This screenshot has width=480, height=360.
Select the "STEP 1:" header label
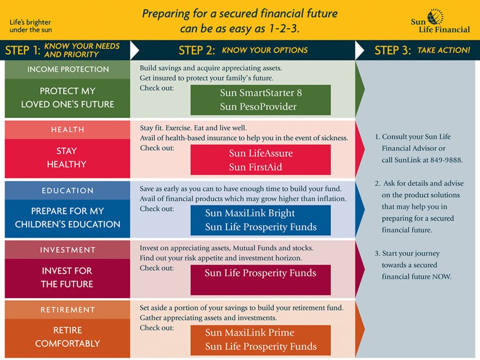[x=23, y=50]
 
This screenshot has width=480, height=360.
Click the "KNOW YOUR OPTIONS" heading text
[x=264, y=50]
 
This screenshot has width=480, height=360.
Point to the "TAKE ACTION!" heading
[x=443, y=50]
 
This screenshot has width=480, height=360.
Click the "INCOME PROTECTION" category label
[x=68, y=69]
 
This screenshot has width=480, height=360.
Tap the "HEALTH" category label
[x=68, y=130]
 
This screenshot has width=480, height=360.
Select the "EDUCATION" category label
[x=68, y=191]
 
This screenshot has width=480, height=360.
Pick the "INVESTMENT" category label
[x=68, y=250]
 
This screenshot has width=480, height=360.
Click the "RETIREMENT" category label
[x=68, y=310]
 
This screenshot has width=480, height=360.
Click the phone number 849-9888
[x=446, y=160]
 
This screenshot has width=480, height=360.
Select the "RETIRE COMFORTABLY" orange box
[x=68, y=337]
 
